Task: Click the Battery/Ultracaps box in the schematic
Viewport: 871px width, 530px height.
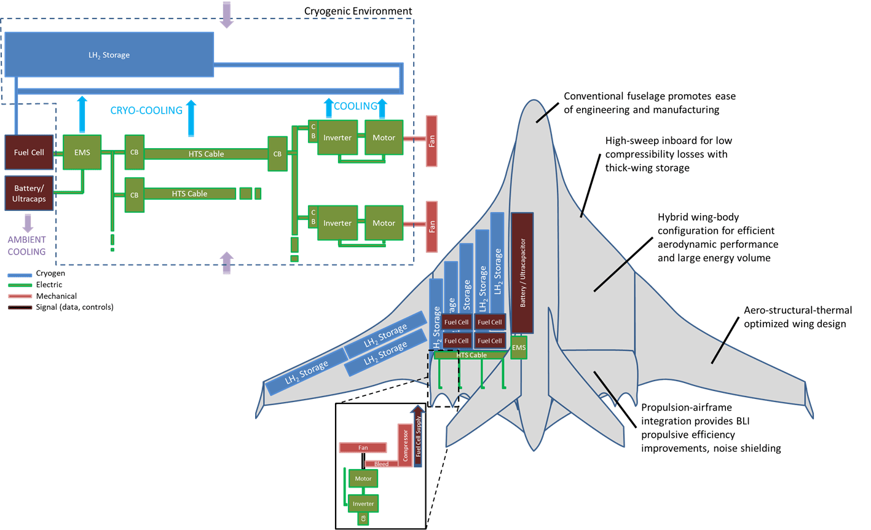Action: coord(29,193)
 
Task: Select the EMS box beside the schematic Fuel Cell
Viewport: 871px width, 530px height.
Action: coord(82,152)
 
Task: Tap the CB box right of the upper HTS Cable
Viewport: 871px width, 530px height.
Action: coord(277,154)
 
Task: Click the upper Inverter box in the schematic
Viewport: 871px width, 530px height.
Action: coord(337,138)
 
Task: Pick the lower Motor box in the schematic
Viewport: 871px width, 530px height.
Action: coord(384,223)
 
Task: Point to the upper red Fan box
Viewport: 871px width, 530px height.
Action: coord(432,141)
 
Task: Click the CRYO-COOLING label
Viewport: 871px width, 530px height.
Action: coord(146,111)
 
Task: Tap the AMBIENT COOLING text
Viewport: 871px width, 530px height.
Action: coord(26,245)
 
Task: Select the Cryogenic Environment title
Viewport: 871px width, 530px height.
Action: coord(358,11)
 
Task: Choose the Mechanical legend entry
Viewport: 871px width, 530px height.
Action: coord(57,296)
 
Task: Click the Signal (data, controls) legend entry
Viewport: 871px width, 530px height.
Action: coord(74,307)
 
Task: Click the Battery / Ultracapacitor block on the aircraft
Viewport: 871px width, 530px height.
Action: coord(522,273)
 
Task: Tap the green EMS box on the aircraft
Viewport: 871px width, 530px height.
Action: coord(519,347)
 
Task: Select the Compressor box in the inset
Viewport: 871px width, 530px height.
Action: coord(404,445)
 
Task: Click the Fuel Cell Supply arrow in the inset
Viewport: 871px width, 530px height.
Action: coord(419,437)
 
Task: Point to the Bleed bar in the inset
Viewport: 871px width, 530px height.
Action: coord(381,464)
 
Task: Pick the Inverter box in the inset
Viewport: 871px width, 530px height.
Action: coord(363,504)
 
